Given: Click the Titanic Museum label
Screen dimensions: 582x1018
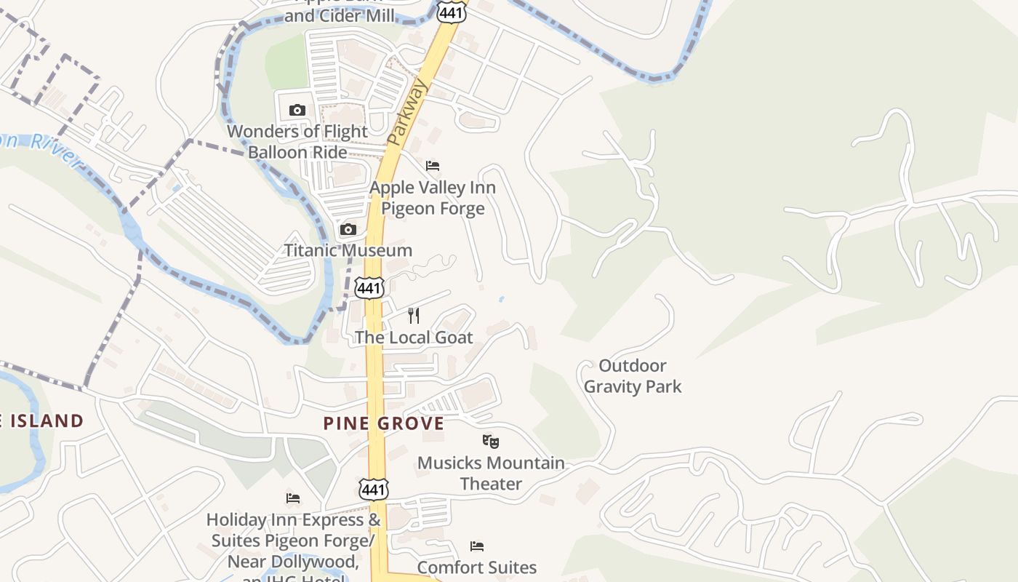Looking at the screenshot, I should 348,250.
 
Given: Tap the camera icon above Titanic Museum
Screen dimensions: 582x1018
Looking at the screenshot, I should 348,230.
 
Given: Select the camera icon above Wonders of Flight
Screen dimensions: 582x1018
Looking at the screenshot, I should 297,111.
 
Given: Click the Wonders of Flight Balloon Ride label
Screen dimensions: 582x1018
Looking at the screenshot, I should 297,142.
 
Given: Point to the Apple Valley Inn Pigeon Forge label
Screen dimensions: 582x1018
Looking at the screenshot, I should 433,198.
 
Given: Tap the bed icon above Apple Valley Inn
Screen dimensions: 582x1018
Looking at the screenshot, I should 433,166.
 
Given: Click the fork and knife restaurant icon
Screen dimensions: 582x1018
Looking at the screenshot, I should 414,316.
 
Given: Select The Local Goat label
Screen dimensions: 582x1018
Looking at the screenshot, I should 414,338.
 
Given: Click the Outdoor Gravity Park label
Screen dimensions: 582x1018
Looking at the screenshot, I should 633,376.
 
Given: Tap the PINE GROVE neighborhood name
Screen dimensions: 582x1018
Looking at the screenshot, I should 384,423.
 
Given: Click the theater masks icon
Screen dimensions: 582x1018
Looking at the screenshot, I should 491,441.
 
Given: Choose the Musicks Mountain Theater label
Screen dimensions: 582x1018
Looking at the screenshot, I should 491,473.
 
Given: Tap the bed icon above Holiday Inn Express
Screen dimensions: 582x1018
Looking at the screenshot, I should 293,498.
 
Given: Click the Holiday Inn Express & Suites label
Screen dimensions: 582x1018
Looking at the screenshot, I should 293,541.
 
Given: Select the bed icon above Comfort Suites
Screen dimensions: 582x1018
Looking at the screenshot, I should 477,546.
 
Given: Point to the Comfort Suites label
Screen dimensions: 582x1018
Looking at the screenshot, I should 477,567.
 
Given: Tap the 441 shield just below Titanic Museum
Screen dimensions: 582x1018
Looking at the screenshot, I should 369,288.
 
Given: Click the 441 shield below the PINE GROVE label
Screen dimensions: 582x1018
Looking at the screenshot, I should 373,490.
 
